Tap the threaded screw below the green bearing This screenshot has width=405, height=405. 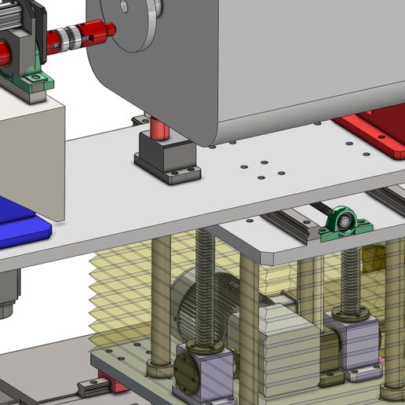click(x=349, y=279)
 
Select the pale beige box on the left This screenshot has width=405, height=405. click(x=31, y=157)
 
